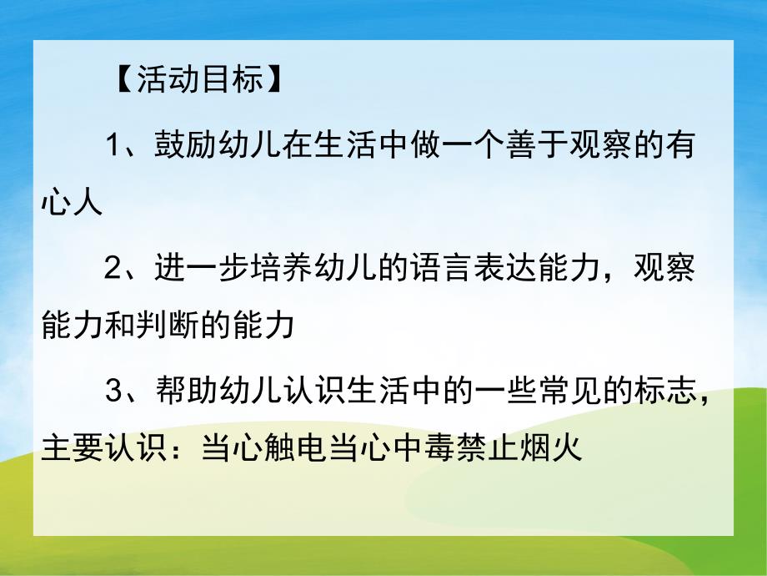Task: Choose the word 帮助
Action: tap(177, 391)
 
